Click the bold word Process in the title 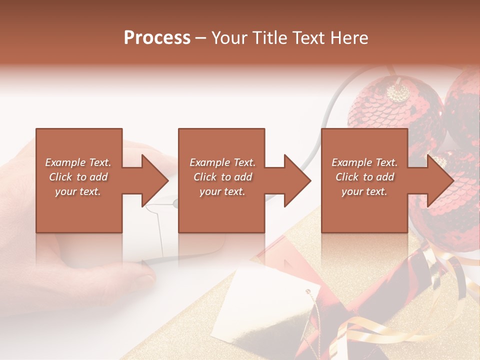coord(157,38)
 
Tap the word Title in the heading coord(270,38)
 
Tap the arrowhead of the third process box coord(439,180)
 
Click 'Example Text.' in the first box coord(78,162)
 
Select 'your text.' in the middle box coord(222,191)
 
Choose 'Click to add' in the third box coord(364,177)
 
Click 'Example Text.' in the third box coord(364,162)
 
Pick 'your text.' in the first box coord(78,191)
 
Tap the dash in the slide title coord(201,38)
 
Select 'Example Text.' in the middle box coord(222,162)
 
